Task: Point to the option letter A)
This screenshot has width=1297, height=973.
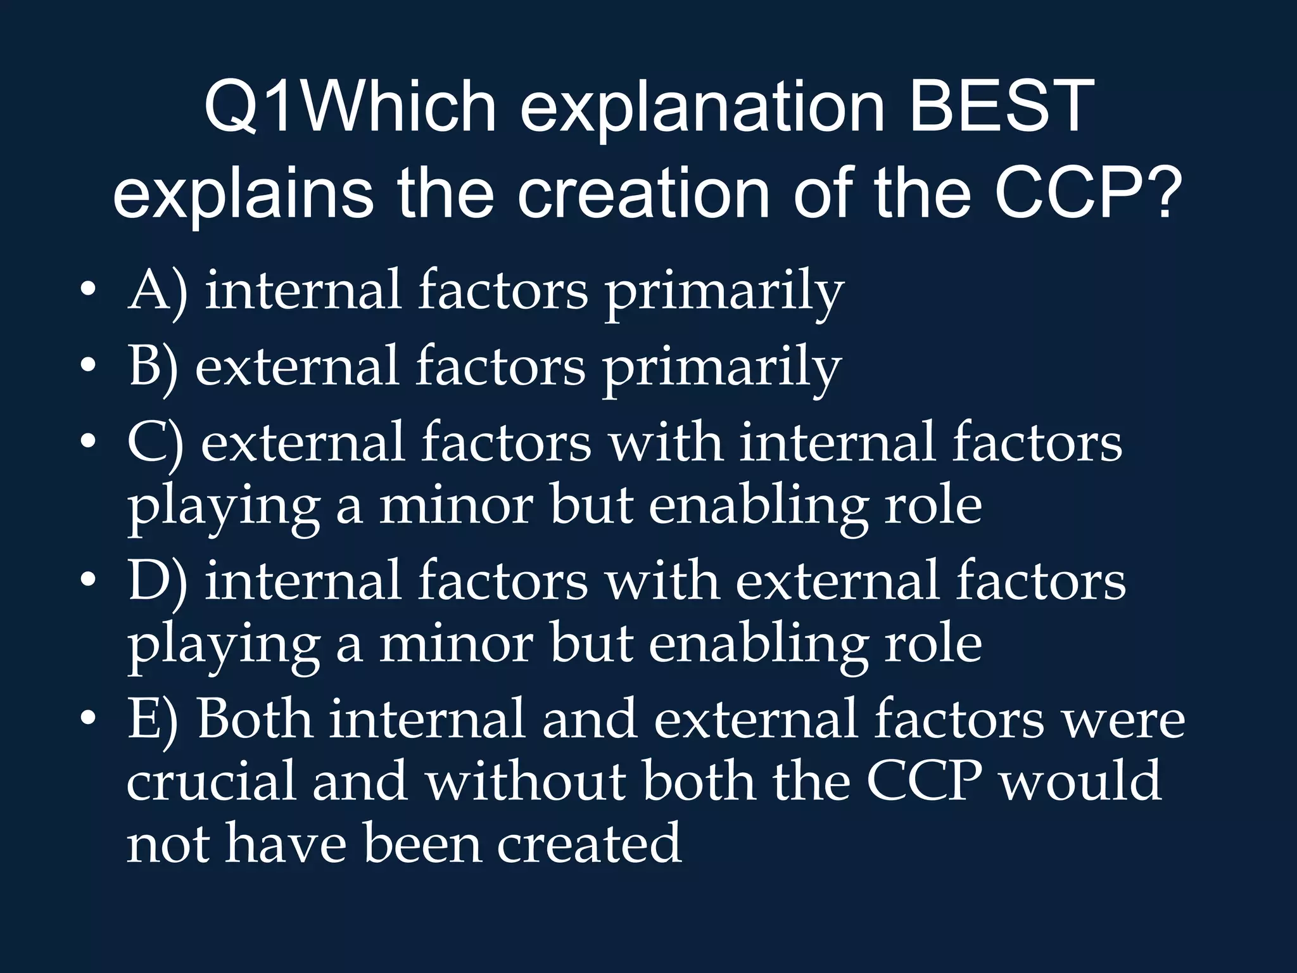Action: [x=158, y=291]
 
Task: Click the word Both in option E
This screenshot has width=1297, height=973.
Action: [x=255, y=720]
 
